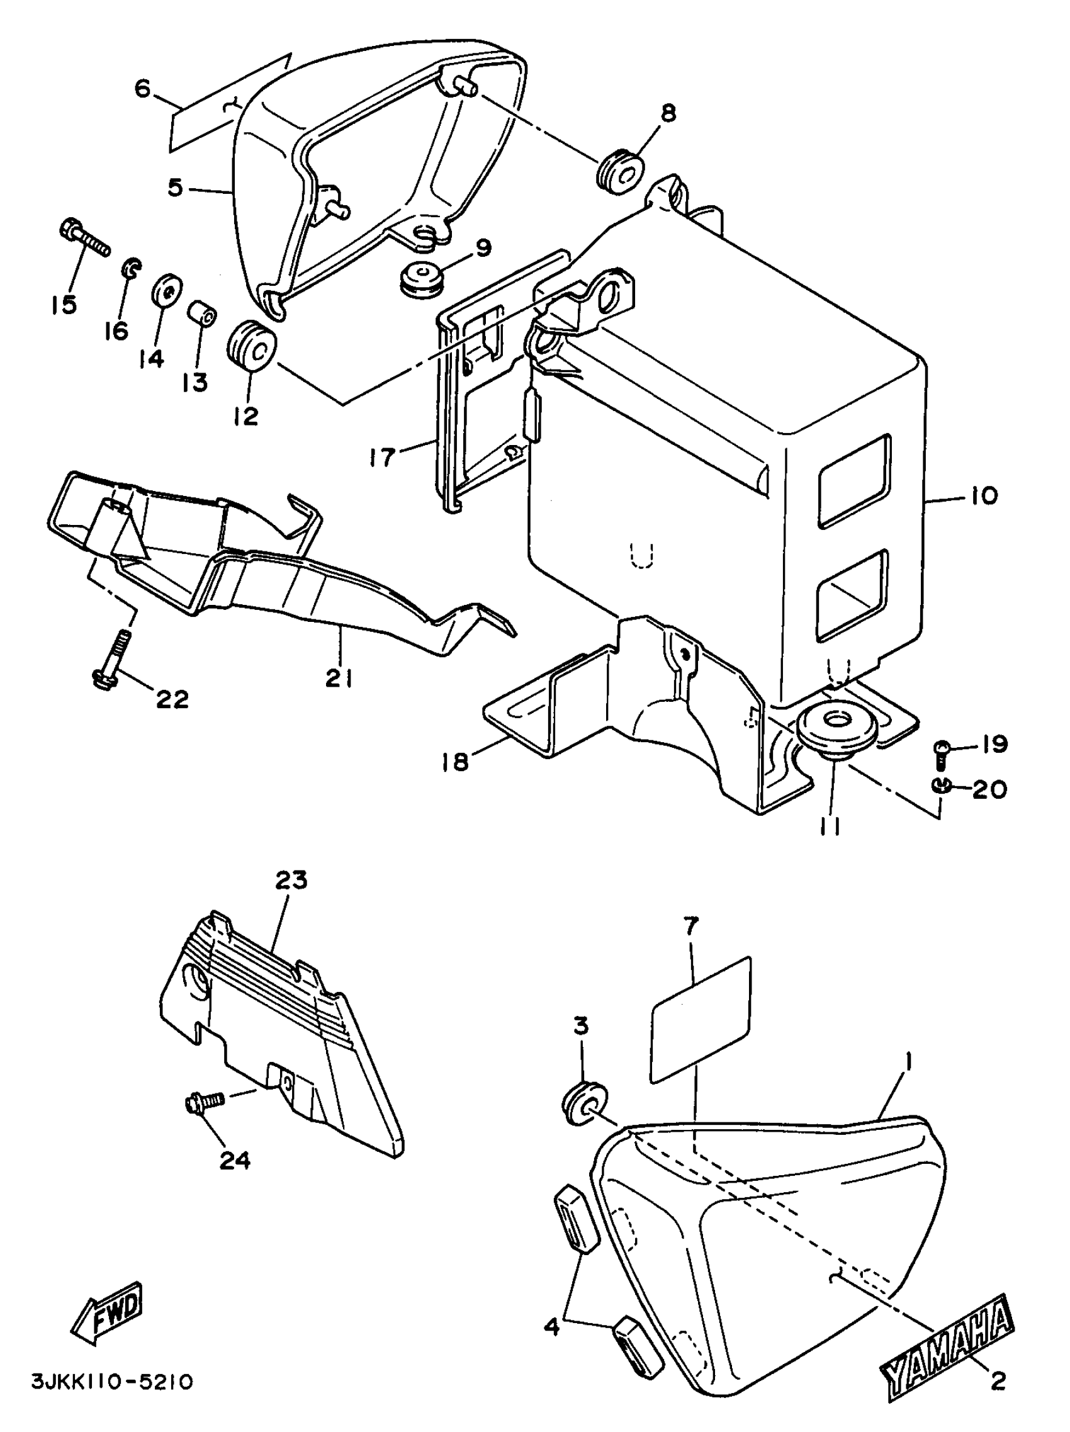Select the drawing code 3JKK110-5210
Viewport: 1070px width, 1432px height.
[x=111, y=1400]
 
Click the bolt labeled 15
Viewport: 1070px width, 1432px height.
[x=84, y=240]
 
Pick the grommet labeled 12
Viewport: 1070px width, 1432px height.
[x=252, y=346]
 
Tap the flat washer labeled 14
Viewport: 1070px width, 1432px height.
[x=167, y=294]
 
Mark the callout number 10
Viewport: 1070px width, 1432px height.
[x=984, y=497]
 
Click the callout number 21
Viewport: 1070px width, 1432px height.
[x=338, y=678]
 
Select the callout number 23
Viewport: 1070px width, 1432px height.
[x=291, y=881]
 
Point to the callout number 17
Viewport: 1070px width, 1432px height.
[x=382, y=458]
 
